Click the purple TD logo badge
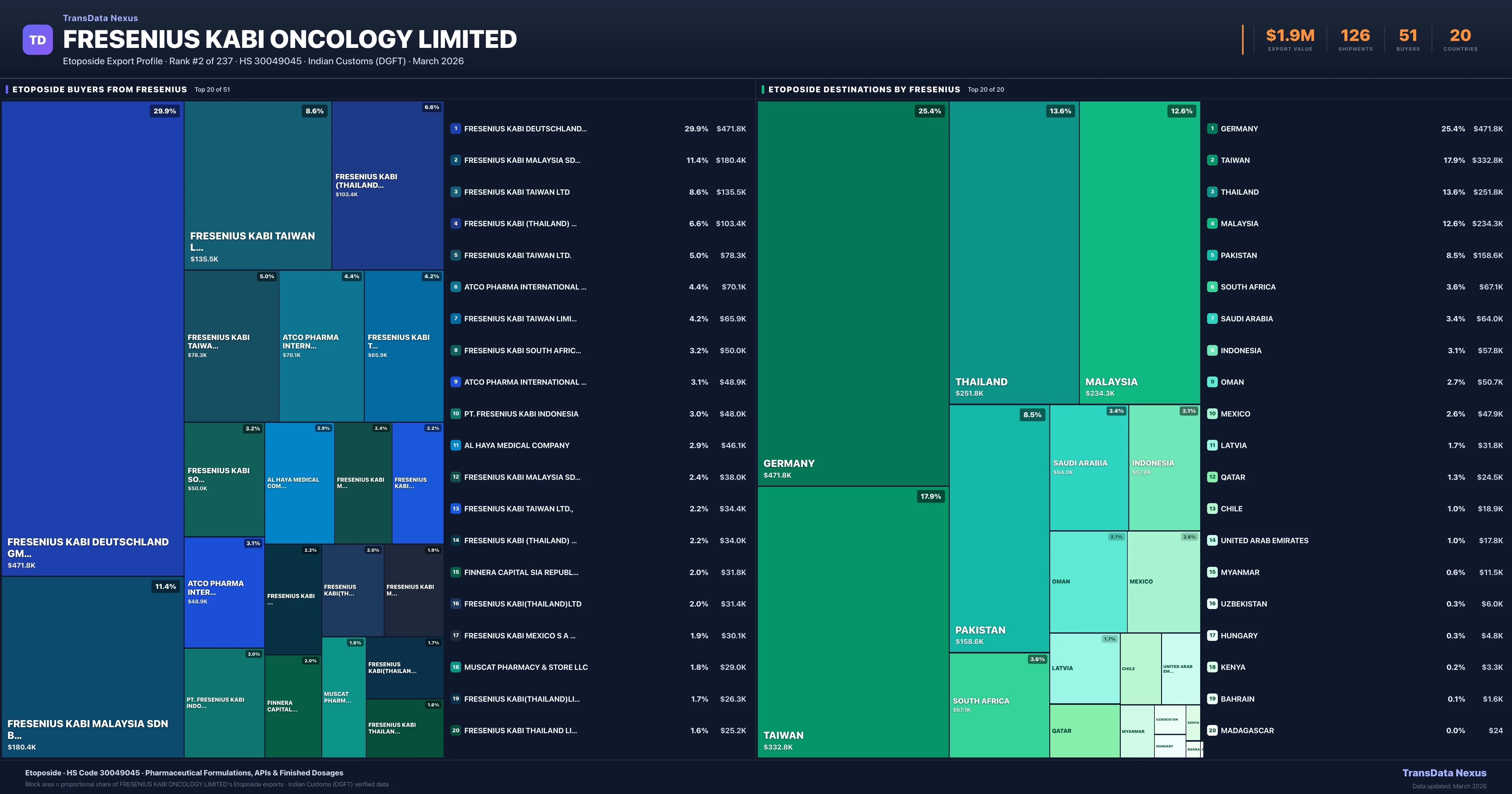pyautogui.click(x=37, y=40)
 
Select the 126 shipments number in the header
pyautogui.click(x=1355, y=36)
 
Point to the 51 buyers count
pyautogui.click(x=1407, y=36)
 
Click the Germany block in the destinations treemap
pyautogui.click(x=852, y=294)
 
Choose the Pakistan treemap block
pyautogui.click(x=999, y=529)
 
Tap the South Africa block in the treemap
pyautogui.click(x=999, y=705)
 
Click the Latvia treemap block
pyautogui.click(x=1084, y=668)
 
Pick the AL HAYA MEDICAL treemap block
pyautogui.click(x=299, y=483)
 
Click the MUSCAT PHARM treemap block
pyautogui.click(x=343, y=697)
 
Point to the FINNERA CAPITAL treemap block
pyautogui.click(x=293, y=706)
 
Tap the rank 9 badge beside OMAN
pyautogui.click(x=1212, y=382)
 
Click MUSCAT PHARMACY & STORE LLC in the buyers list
pyautogui.click(x=526, y=667)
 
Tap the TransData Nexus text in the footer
pyautogui.click(x=1444, y=773)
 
